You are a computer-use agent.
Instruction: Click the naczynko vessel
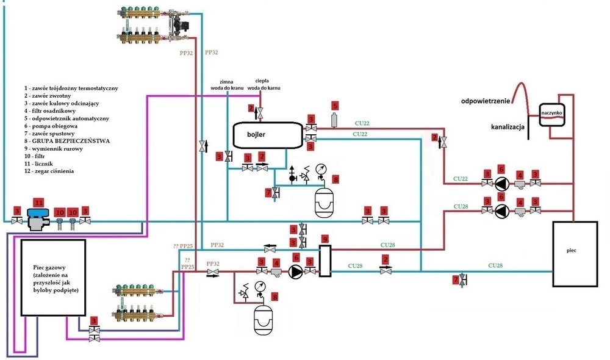pyautogui.click(x=553, y=114)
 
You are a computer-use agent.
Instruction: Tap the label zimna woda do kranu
pyautogui.click(x=226, y=85)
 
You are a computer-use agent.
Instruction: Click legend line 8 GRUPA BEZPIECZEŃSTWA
pyautogui.click(x=67, y=141)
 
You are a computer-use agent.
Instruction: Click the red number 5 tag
pyautogui.click(x=334, y=105)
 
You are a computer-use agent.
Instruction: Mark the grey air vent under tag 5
pyautogui.click(x=334, y=120)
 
